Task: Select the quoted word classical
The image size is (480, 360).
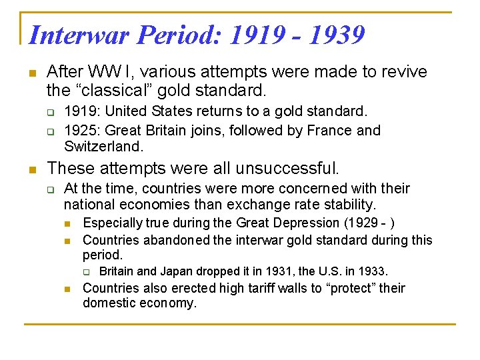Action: (116, 89)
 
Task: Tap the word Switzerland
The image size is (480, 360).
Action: (103, 146)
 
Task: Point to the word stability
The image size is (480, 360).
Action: (351, 204)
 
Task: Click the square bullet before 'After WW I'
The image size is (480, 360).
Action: (29, 72)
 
